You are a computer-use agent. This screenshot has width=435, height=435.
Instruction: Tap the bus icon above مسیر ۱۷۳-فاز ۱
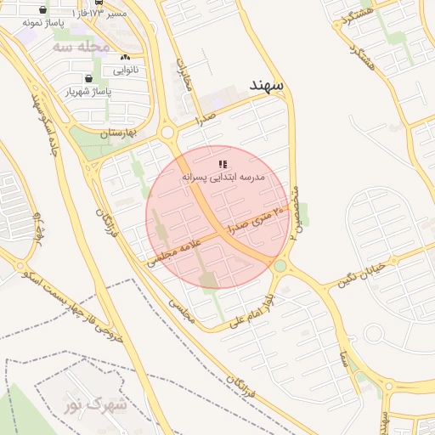99,3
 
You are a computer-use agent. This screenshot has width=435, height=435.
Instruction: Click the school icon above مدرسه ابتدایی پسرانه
223,163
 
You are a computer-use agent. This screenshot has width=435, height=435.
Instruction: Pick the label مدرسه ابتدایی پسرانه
223,177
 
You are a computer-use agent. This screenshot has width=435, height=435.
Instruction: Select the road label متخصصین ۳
293,212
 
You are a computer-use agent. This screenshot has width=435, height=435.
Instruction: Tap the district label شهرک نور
95,405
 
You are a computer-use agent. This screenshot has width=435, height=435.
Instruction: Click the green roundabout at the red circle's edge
280,267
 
